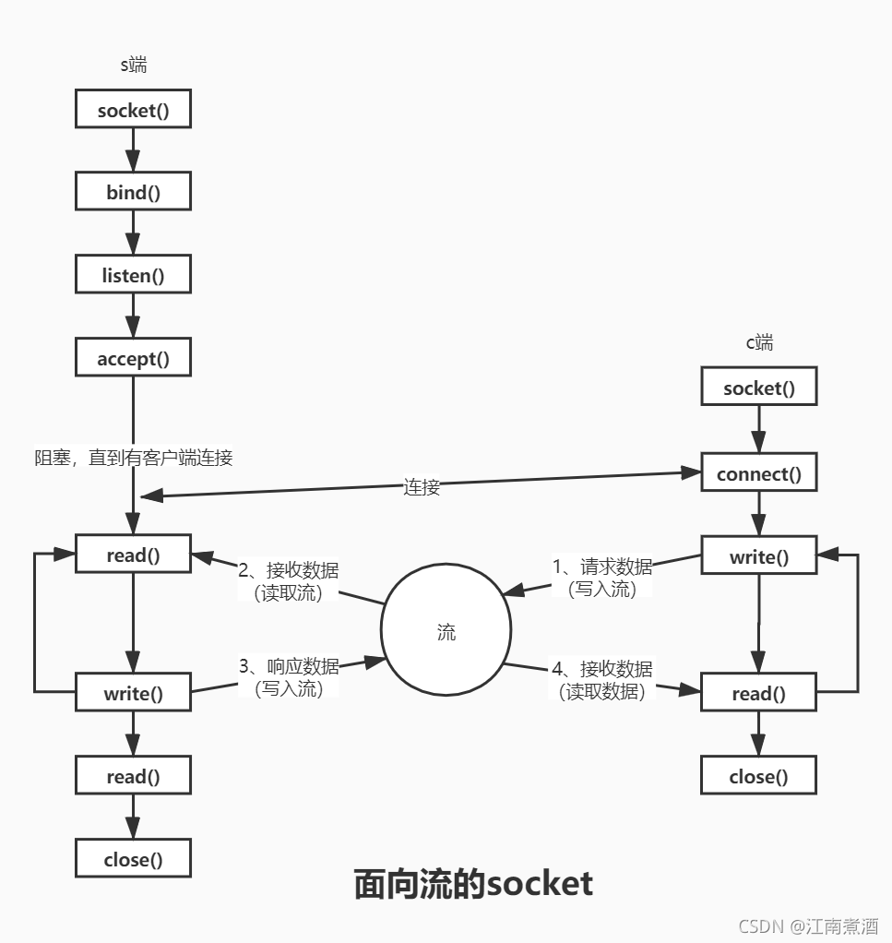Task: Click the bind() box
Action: point(133,193)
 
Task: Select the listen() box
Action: point(133,275)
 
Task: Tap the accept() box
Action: point(133,358)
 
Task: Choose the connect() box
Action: point(758,474)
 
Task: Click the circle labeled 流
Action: point(446,632)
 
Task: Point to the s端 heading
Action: point(134,66)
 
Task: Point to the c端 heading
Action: point(759,343)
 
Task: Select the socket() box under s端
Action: point(133,111)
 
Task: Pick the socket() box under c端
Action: point(758,388)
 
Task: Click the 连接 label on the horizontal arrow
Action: point(422,487)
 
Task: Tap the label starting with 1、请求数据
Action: point(602,578)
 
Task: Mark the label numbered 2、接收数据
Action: point(288,581)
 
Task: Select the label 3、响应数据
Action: point(289,676)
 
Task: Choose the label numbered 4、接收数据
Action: point(602,679)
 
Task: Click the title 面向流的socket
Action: point(473,883)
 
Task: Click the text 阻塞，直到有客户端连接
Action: point(133,458)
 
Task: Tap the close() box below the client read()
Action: point(758,776)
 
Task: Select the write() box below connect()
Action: point(758,557)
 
